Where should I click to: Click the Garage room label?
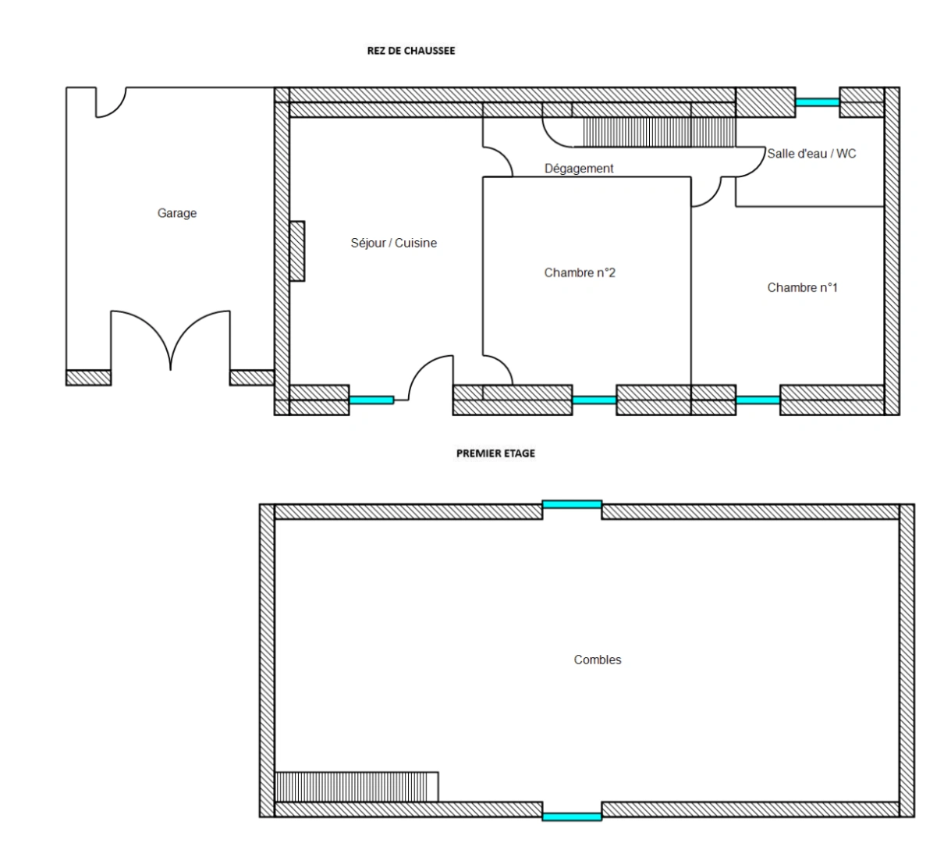pyautogui.click(x=176, y=213)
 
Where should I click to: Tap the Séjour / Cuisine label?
pyautogui.click(x=394, y=243)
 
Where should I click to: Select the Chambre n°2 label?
pyautogui.click(x=580, y=272)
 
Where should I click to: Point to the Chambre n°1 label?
pyautogui.click(x=802, y=288)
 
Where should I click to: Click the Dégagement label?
pyautogui.click(x=579, y=169)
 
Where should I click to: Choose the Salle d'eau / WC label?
pyautogui.click(x=811, y=154)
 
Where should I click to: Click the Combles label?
pyautogui.click(x=598, y=660)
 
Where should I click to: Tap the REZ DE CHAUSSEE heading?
pyautogui.click(x=411, y=51)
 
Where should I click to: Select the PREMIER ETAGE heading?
pyautogui.click(x=495, y=454)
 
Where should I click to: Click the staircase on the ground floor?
pyautogui.click(x=658, y=132)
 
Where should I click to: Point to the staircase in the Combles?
pyautogui.click(x=357, y=787)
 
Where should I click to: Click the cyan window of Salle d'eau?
pyautogui.click(x=818, y=102)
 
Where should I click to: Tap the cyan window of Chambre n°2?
pyautogui.click(x=594, y=400)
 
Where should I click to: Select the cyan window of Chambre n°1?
pyautogui.click(x=758, y=400)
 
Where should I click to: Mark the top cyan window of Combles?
pyautogui.click(x=572, y=504)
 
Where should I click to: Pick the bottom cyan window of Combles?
pyautogui.click(x=572, y=817)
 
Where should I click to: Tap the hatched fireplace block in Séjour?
pyautogui.click(x=297, y=251)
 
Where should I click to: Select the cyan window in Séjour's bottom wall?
pyautogui.click(x=371, y=400)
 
